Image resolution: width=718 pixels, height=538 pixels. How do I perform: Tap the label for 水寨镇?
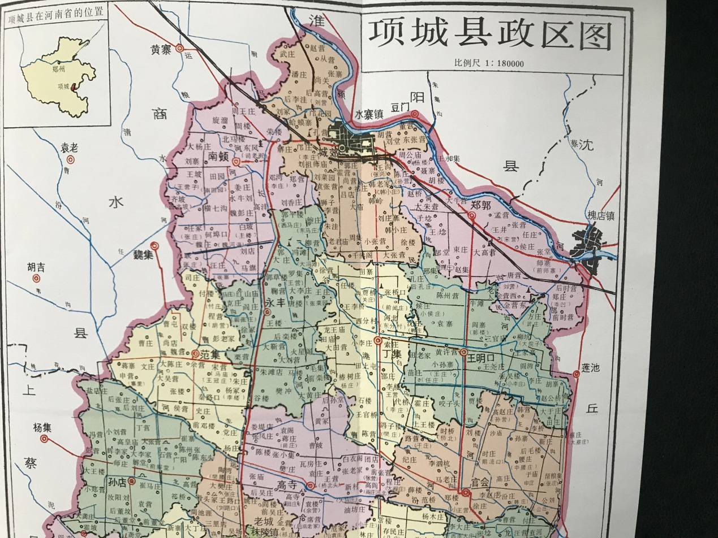[x=369, y=114]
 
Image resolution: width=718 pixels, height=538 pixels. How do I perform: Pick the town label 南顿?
[x=218, y=155]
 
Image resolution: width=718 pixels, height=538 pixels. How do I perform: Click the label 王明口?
[x=480, y=358]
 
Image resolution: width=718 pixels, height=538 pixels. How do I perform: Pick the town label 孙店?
[x=117, y=481]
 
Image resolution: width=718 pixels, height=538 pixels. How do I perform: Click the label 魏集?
[x=144, y=255]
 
